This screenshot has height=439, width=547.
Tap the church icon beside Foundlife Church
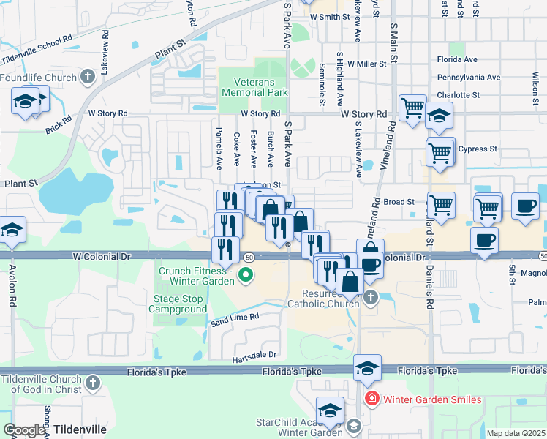[88, 77]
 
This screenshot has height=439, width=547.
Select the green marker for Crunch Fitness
[246, 276]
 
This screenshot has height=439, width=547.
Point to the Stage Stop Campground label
[179, 304]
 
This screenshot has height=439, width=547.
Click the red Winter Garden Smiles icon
[371, 399]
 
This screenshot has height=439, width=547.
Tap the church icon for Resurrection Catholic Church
[371, 297]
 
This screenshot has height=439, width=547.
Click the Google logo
[23, 430]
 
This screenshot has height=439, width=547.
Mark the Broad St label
[399, 201]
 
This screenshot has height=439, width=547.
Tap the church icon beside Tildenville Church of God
[93, 383]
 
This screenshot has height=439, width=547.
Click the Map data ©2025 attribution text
[516, 433]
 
